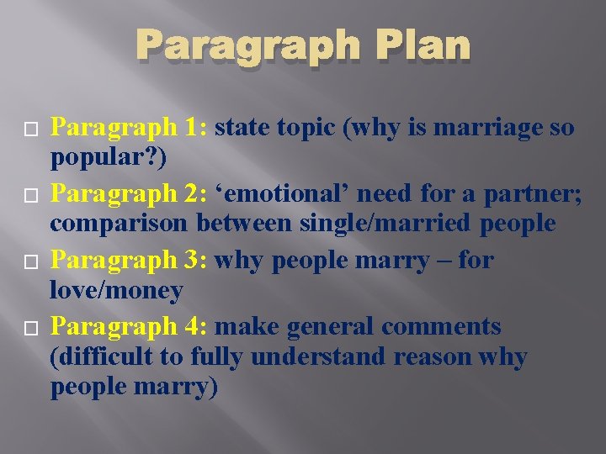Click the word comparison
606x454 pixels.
(x=120, y=224)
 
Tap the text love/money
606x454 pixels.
(x=116, y=291)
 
